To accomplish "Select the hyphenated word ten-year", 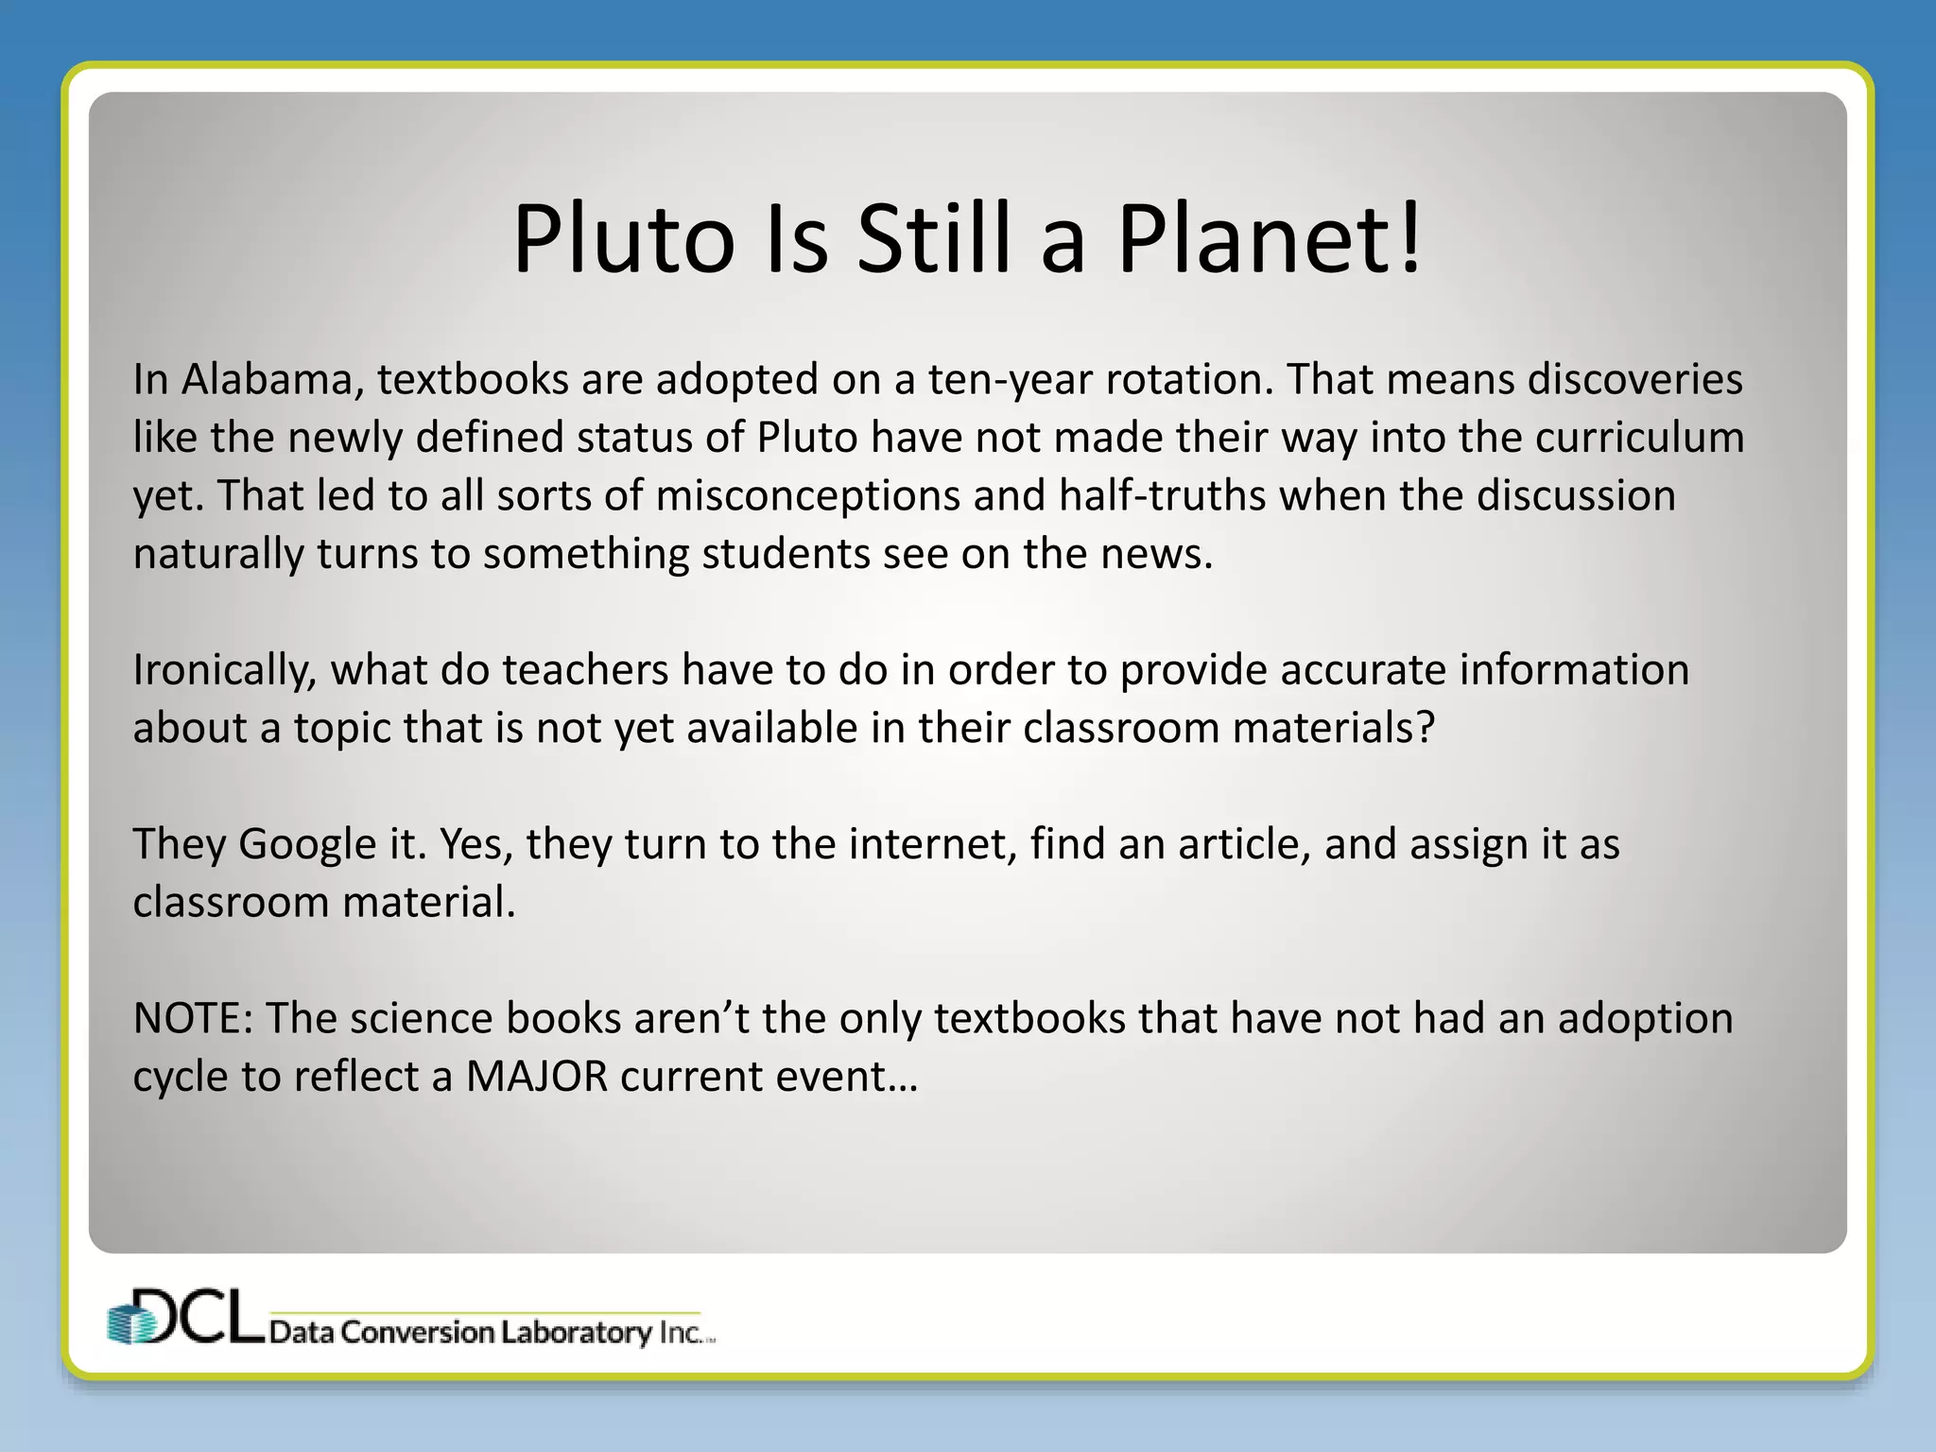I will (x=1010, y=379).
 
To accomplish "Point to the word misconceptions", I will (x=807, y=496).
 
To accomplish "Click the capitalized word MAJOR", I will (x=536, y=1077).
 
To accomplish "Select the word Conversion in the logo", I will (x=417, y=1333).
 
